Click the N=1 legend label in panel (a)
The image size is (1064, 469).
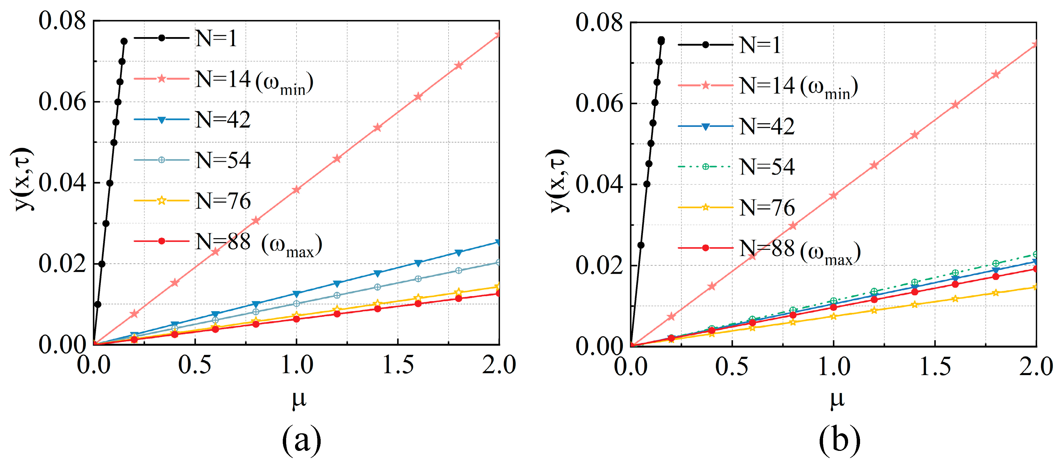(216, 38)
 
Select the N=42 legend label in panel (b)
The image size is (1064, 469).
(767, 126)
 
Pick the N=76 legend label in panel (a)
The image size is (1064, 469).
(223, 201)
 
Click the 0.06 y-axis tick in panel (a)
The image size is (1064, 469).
(62, 102)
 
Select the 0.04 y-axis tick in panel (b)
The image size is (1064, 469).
(599, 184)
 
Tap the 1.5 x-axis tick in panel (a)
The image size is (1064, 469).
(398, 365)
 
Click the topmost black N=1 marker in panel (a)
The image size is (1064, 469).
(124, 41)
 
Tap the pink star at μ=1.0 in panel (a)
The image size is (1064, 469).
(296, 190)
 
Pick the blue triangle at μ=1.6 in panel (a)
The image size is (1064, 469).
(418, 263)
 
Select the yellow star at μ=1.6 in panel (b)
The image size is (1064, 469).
(955, 298)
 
